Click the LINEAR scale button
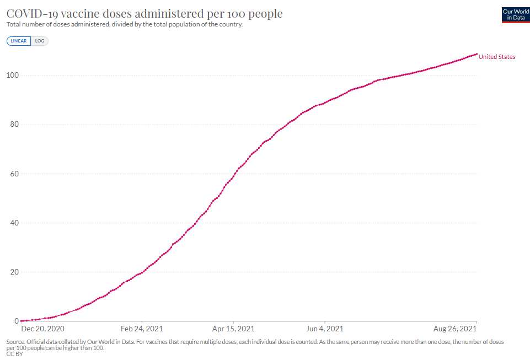[x=19, y=41]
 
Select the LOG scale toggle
[x=40, y=41]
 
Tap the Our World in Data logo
[x=516, y=15]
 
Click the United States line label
[x=497, y=57]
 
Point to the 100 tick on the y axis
[x=13, y=75]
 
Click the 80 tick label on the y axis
[x=14, y=125]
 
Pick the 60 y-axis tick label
[x=14, y=174]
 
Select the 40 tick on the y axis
[x=14, y=223]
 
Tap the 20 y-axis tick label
[x=14, y=272]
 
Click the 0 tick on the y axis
[x=17, y=321]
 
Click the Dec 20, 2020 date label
[x=42, y=329]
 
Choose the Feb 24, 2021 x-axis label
[x=142, y=329]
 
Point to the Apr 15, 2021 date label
[x=233, y=329]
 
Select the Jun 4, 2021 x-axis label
[x=324, y=329]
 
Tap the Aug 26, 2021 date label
[x=455, y=329]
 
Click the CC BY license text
[x=14, y=354]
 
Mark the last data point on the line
[x=477, y=54]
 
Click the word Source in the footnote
[x=15, y=342]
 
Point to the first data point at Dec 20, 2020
[x=22, y=321]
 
